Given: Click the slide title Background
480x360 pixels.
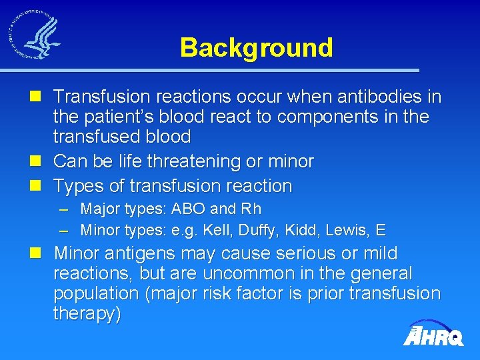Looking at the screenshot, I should [256, 48].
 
